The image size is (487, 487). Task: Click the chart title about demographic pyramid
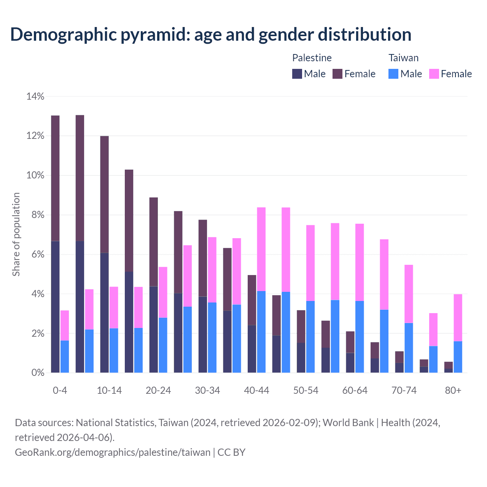click(x=211, y=34)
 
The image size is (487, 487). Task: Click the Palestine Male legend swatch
click(x=297, y=74)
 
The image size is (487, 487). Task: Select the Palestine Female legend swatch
click(x=337, y=74)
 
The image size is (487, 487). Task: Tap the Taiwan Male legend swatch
click(x=393, y=74)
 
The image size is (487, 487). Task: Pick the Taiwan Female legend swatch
click(x=434, y=74)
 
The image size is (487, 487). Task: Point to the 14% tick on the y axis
click(x=35, y=97)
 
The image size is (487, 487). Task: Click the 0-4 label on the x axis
click(x=60, y=391)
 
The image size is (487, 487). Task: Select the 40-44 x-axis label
click(x=256, y=391)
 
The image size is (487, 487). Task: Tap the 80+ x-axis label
click(x=453, y=391)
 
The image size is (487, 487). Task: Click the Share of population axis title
click(x=16, y=234)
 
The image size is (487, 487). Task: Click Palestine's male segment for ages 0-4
click(x=55, y=307)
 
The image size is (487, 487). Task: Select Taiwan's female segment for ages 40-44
click(x=261, y=249)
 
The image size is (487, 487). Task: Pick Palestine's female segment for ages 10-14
click(x=104, y=194)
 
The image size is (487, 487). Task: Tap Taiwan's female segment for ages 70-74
click(x=409, y=294)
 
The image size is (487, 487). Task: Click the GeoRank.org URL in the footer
click(x=113, y=452)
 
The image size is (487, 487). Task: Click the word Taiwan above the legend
click(x=403, y=58)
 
